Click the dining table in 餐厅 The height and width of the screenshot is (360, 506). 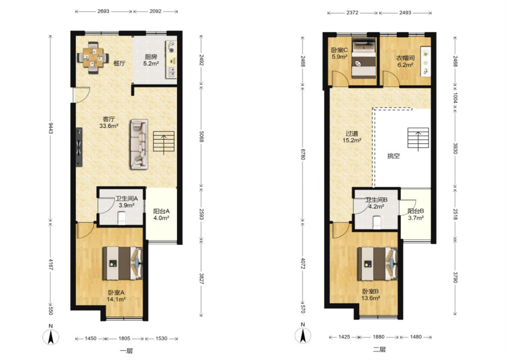pos(93,58)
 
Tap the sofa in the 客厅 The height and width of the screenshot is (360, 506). pos(139,144)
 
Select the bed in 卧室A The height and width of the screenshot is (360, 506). pos(123,263)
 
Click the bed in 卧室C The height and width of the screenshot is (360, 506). pos(364,58)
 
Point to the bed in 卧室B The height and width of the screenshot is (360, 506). pos(377,264)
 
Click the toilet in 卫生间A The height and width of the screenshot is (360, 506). pos(122,218)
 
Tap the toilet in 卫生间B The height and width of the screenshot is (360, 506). pos(376,222)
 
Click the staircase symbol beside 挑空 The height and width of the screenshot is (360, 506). pos(418,138)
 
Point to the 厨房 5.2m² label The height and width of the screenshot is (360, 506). pos(151,60)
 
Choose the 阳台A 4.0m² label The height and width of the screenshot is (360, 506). pos(161,215)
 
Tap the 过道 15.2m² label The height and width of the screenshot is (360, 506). pos(352,137)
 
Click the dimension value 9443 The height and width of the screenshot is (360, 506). pos(51,128)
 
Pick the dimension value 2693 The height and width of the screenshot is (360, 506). pos(103,11)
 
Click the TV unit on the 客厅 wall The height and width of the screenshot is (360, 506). pos(79,147)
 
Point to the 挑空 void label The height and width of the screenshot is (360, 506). pos(393,156)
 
